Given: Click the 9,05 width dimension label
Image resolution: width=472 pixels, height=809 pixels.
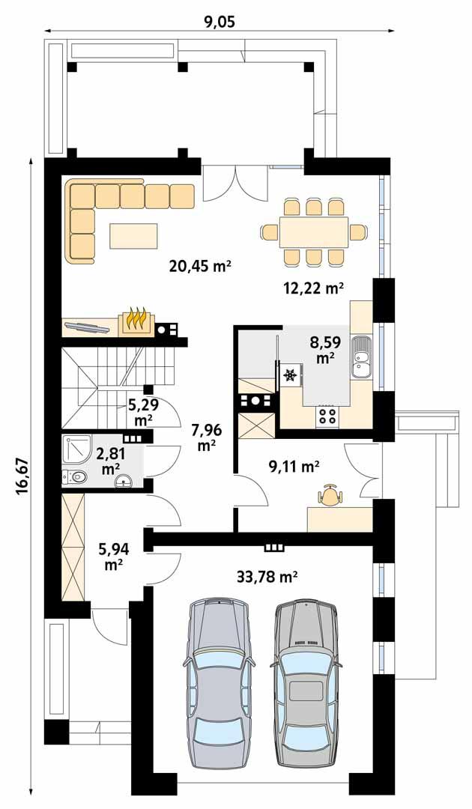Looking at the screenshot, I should click(220, 22).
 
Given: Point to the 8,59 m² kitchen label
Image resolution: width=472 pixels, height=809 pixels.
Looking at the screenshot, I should click(324, 350).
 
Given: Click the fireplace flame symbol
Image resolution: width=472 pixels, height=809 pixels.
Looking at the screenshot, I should click(136, 318).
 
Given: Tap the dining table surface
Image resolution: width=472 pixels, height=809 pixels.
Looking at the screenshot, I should click(314, 232).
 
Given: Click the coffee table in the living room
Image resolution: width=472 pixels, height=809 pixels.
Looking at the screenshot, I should click(135, 236).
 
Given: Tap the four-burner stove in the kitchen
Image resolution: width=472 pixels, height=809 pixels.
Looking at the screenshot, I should click(328, 414).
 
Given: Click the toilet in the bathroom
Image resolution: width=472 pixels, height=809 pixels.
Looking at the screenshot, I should click(76, 476).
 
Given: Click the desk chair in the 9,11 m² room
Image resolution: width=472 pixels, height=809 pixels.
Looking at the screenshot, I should click(330, 494).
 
